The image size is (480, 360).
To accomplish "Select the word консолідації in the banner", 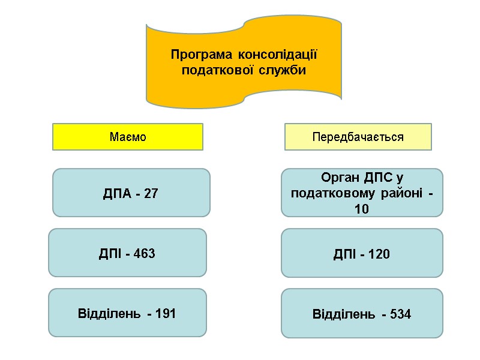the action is point(277,55).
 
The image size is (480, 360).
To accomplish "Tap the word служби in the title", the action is point(283,71).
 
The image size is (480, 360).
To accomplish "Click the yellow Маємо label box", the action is point(128,137).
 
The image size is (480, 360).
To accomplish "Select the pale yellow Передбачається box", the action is point(358,137).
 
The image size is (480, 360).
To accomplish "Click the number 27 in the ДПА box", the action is point(151,194).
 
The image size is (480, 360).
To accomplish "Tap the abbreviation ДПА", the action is point(118,194).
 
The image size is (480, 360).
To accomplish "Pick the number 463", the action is point(144,254).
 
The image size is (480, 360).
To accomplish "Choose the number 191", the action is point(164,313).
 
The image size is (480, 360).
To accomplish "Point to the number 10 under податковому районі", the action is point(361,209).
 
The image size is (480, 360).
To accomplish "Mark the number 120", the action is point(379,254).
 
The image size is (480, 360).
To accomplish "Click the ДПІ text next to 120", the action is point(344,254).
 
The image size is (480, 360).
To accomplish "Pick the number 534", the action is point(399,314).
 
